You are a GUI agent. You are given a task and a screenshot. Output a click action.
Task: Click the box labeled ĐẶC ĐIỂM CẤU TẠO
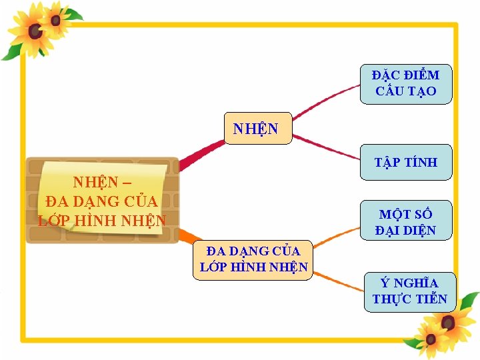click(405, 84)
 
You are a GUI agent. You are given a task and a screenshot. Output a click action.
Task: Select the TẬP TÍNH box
click(405, 162)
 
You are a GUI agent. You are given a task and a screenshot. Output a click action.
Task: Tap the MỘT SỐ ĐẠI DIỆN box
click(405, 222)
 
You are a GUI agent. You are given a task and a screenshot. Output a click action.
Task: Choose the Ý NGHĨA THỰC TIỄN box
click(409, 291)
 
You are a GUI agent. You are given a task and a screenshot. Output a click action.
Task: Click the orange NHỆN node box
click(256, 129)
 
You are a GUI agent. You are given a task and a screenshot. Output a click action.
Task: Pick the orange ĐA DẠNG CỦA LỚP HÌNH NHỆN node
click(253, 259)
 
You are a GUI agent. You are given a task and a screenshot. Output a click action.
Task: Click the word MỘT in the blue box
click(392, 215)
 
